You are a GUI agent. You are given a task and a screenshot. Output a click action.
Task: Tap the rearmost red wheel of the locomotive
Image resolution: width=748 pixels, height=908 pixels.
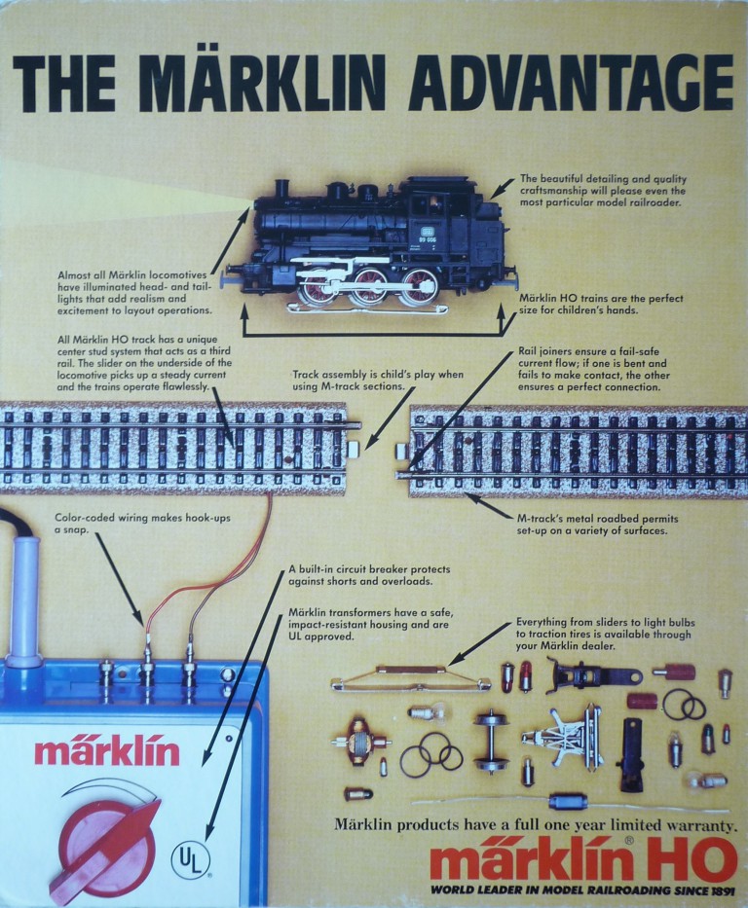tap(421, 286)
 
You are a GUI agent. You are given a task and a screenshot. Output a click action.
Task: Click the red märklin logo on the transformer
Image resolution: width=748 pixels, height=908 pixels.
tap(107, 752)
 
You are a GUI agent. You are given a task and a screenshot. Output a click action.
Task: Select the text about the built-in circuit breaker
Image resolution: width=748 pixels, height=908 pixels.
tap(360, 574)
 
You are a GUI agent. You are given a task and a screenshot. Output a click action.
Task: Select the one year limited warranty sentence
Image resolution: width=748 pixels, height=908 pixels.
tap(536, 824)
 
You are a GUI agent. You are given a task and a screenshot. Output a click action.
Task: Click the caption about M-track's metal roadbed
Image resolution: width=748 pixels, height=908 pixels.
tap(596, 525)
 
